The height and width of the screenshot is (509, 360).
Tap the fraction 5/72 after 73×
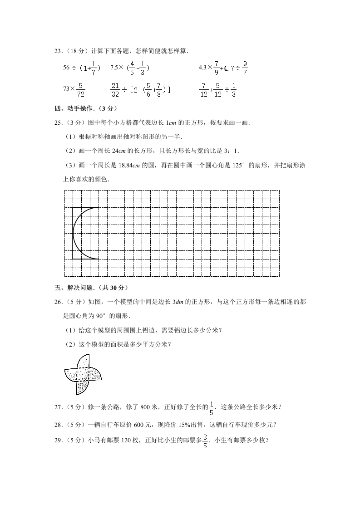pos(80,89)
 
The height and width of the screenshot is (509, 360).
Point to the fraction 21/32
pos(115,89)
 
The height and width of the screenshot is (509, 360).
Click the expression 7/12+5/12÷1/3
pos(217,89)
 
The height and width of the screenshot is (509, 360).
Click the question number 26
pos(58,302)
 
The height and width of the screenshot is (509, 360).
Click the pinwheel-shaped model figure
pos(83,374)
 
